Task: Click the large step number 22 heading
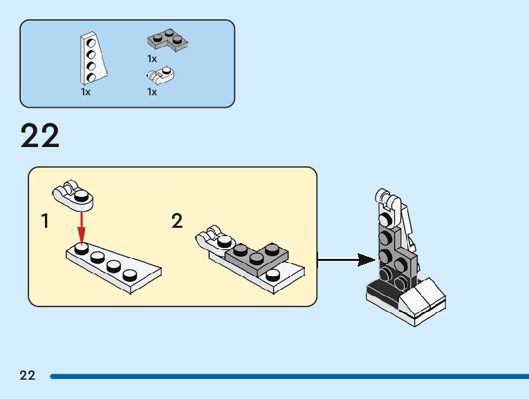(40, 136)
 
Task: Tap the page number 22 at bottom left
(28, 376)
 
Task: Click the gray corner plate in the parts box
(167, 41)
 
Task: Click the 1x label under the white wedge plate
(86, 91)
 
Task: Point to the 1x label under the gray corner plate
(152, 59)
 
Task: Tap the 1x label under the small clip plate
(152, 91)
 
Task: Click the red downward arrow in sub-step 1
(82, 227)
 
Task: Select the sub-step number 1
(45, 222)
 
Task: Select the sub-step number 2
(177, 222)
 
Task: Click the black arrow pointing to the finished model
(346, 260)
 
